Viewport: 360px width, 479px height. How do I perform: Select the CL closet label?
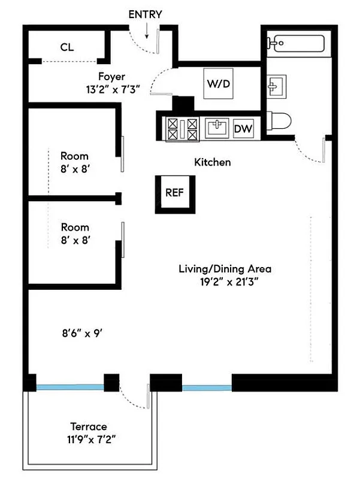[66, 47]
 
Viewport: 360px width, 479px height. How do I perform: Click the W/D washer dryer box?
[219, 84]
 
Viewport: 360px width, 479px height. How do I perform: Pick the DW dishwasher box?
[243, 128]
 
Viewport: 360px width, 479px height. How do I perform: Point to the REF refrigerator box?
[174, 193]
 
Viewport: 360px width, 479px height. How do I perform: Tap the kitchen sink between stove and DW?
[216, 128]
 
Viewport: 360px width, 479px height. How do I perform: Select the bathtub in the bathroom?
[296, 44]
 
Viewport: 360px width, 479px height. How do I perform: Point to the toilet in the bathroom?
[279, 122]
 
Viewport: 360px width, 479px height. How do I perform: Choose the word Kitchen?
[212, 162]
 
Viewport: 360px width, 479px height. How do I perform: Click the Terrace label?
[88, 426]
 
